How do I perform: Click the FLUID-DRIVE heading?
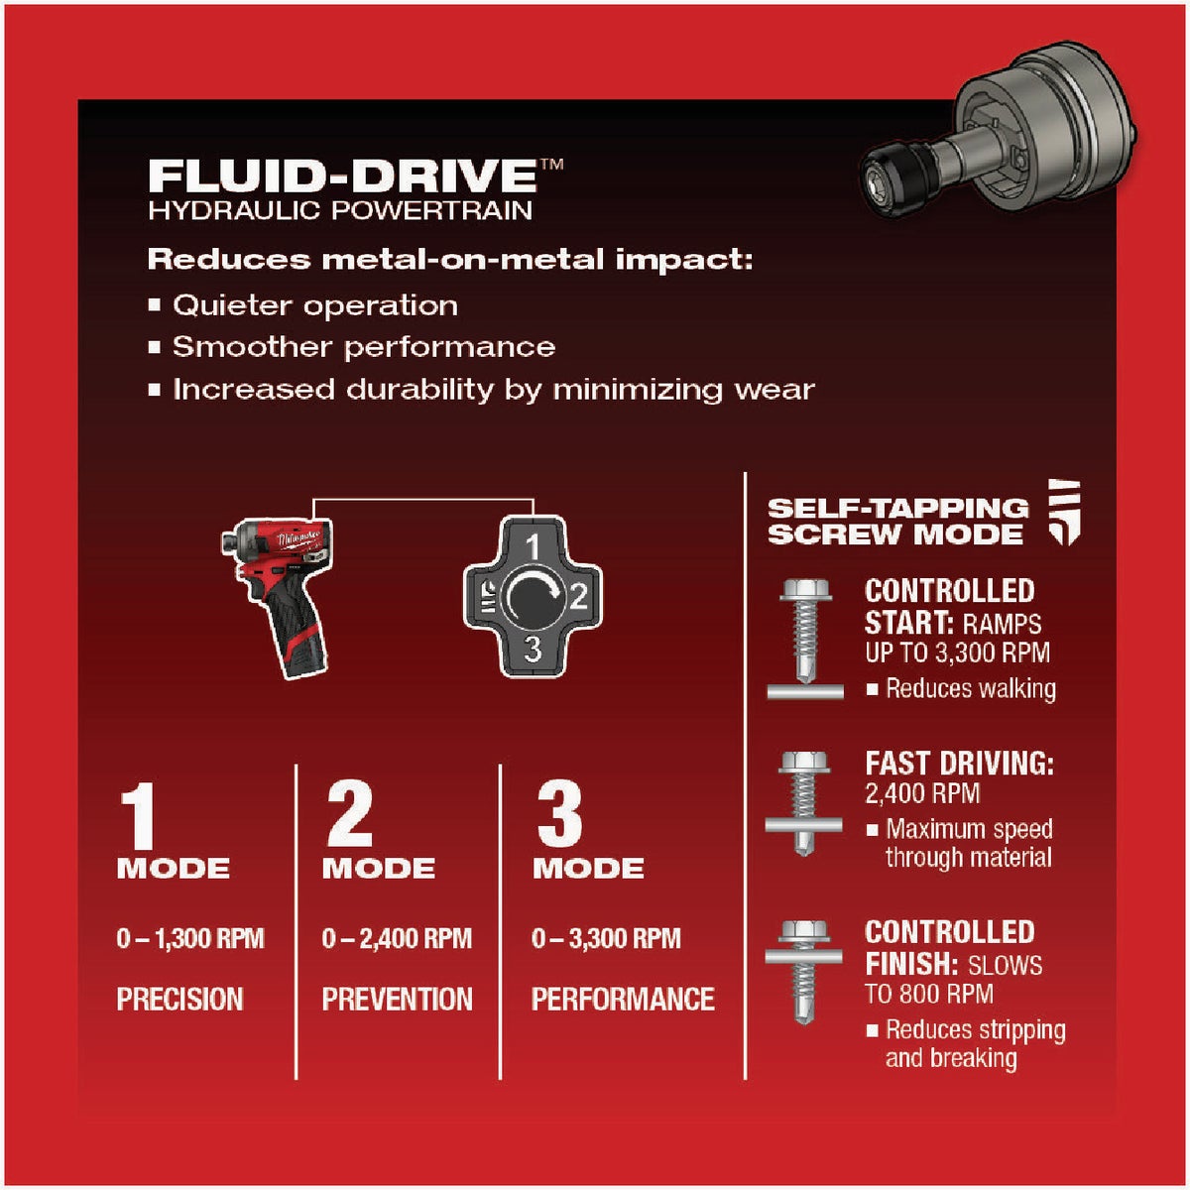pos(342,175)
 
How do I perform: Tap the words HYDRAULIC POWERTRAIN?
pos(340,210)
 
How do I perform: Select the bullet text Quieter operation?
pos(315,305)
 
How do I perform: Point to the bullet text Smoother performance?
pos(363,347)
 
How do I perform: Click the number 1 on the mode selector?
pos(533,546)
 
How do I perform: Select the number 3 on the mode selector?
pos(533,650)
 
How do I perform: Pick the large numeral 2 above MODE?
pos(349,815)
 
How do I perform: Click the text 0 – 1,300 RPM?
pos(190,938)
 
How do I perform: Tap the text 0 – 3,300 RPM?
pos(606,938)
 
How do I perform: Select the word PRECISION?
pos(179,999)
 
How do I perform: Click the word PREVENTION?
pos(397,999)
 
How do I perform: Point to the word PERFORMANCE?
pos(623,999)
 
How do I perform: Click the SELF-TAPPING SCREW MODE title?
pos(897,522)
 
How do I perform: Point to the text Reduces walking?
pos(970,688)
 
